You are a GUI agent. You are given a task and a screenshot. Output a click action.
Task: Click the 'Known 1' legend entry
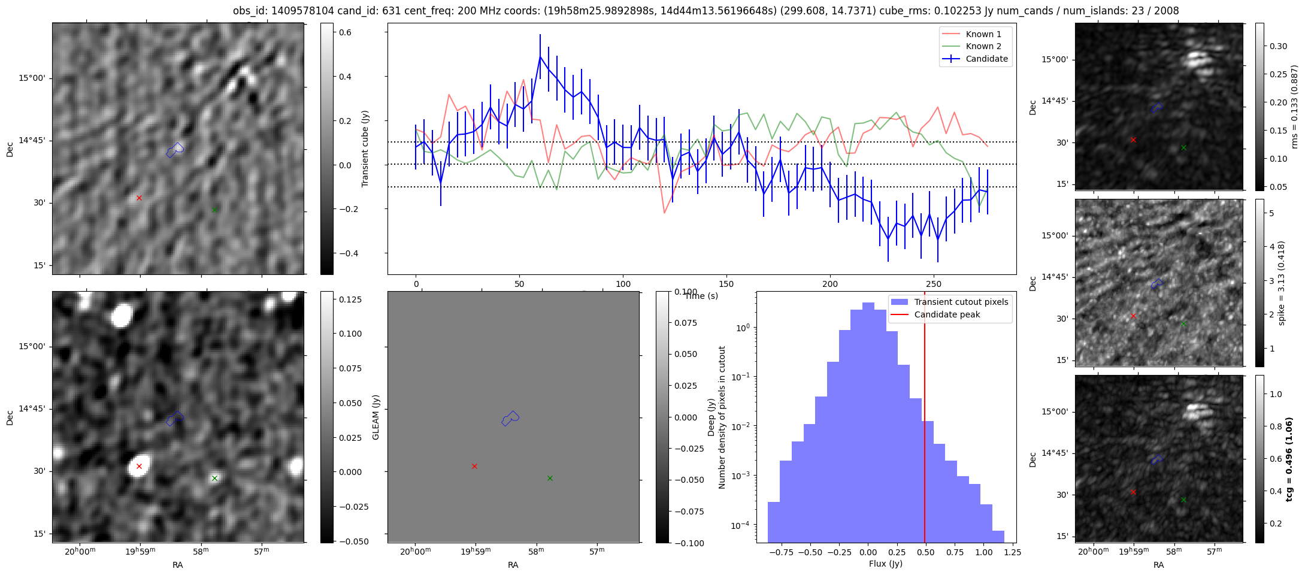click(x=983, y=34)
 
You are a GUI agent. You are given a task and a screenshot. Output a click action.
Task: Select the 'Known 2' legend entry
click(x=983, y=46)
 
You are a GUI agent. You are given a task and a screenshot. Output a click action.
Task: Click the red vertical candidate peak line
click(x=925, y=419)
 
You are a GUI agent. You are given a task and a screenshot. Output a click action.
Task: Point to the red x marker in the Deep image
click(x=139, y=466)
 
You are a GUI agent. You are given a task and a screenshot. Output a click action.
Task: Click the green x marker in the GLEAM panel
click(x=550, y=478)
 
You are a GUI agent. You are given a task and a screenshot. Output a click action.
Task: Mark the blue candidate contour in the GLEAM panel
click(x=510, y=418)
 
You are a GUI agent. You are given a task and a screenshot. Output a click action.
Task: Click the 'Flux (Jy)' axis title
click(x=885, y=564)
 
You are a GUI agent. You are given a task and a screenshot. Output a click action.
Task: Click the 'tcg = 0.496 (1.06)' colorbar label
click(x=1290, y=459)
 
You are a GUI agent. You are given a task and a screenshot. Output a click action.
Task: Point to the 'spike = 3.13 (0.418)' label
click(x=1282, y=283)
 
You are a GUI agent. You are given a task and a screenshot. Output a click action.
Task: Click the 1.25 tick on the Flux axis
click(x=1012, y=553)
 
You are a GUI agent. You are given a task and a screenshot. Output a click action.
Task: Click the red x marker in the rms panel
click(x=1133, y=140)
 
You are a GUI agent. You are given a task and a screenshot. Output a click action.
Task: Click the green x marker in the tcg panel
click(x=1183, y=500)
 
